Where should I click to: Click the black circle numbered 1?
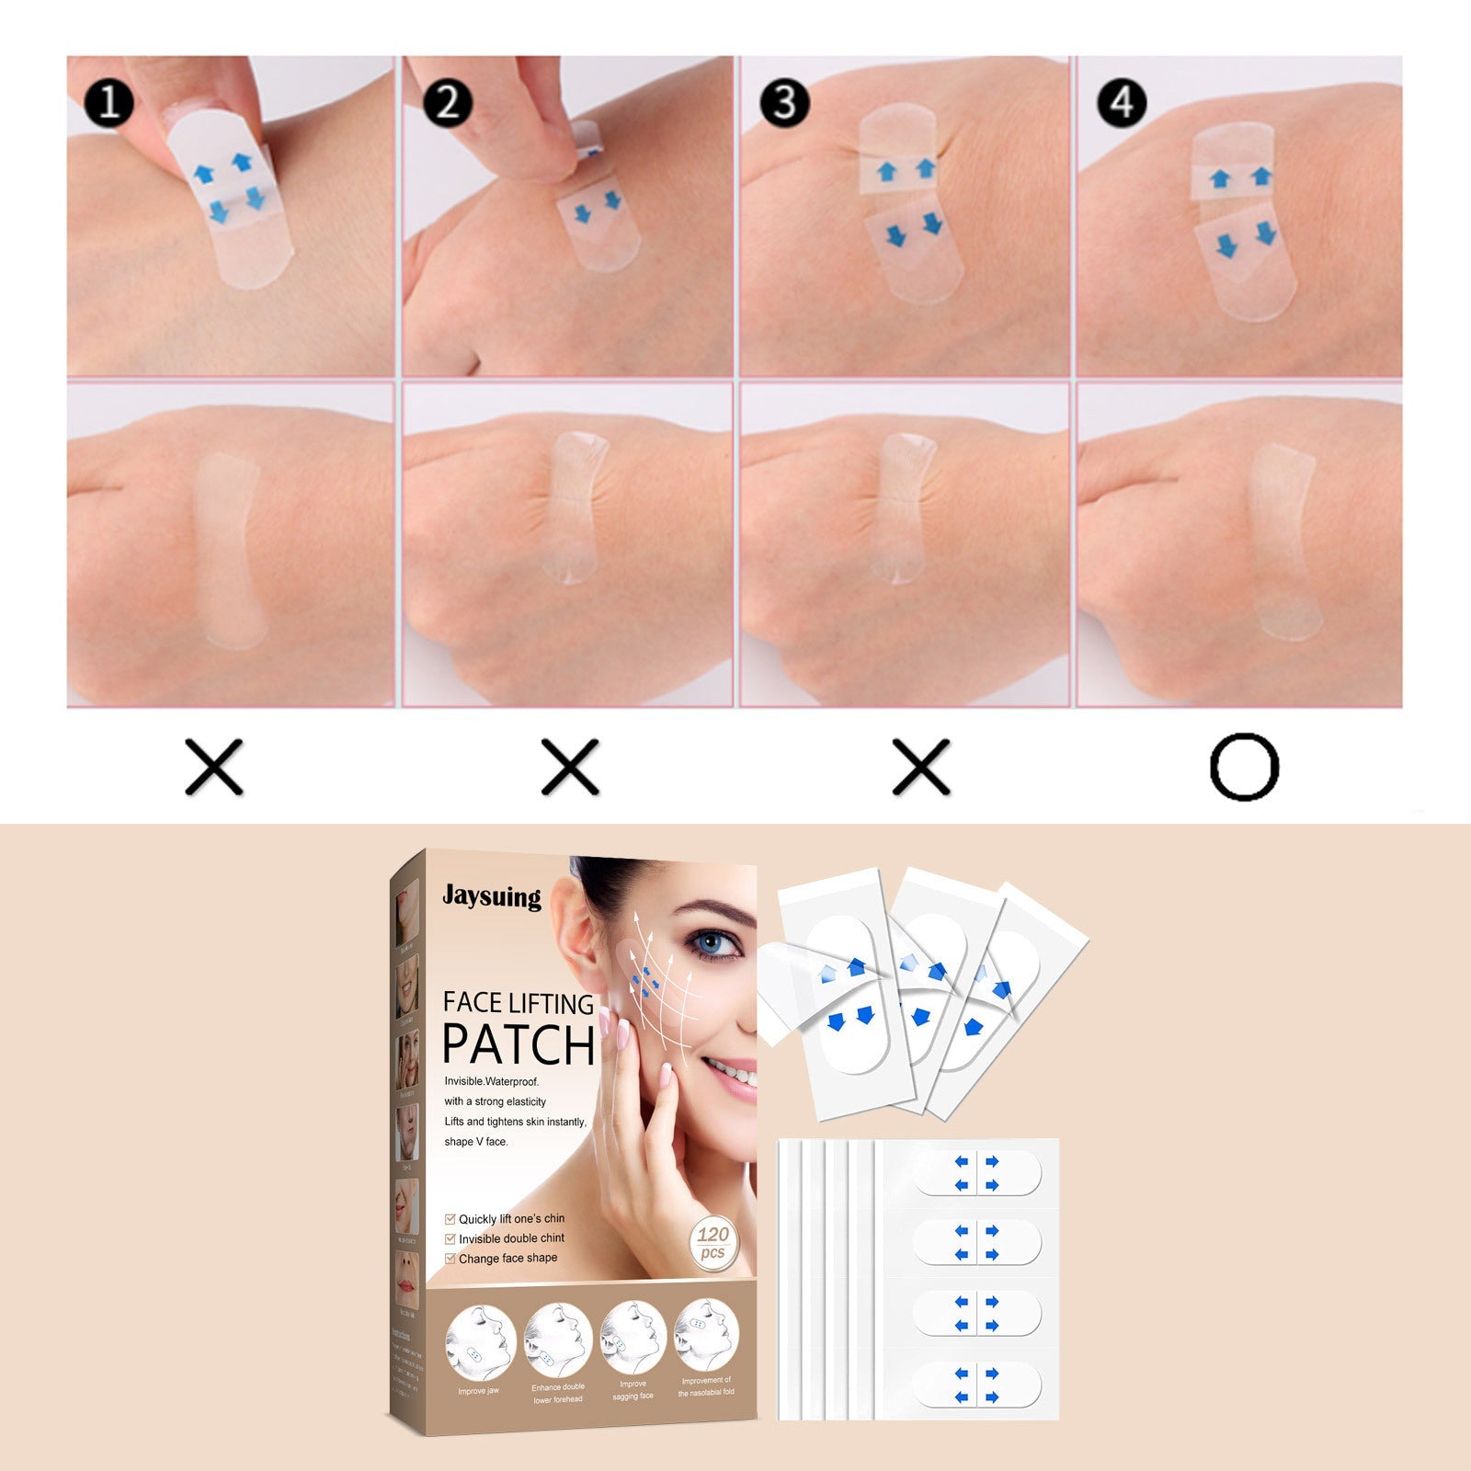click(x=109, y=102)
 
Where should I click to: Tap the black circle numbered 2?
click(x=448, y=102)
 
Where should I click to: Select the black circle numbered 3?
click(x=784, y=102)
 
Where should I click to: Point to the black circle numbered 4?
click(x=1122, y=102)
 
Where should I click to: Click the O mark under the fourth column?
click(x=1244, y=767)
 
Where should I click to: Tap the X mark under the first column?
click(x=214, y=767)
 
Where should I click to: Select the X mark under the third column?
click(x=921, y=767)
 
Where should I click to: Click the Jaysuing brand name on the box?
click(x=492, y=895)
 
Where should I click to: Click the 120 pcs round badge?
click(x=713, y=1242)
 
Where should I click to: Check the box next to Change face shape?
click(x=450, y=1259)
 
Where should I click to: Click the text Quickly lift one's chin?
click(x=511, y=1219)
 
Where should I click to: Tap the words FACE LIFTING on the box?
click(x=519, y=1003)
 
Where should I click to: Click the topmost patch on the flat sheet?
click(x=976, y=1174)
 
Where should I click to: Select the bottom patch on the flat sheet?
click(x=976, y=1385)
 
